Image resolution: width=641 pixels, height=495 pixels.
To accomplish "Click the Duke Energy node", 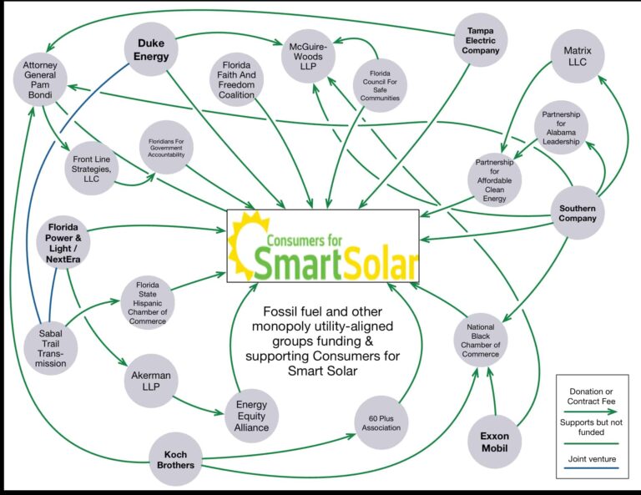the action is [x=151, y=49].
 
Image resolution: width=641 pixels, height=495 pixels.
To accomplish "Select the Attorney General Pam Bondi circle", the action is [x=40, y=79].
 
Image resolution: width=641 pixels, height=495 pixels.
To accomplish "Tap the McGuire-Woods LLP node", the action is [x=308, y=57].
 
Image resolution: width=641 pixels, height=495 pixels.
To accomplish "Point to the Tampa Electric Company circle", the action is [x=481, y=40].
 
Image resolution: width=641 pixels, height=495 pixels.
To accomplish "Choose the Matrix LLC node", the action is [x=578, y=57].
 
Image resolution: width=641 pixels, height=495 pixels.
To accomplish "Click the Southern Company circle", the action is [x=578, y=213].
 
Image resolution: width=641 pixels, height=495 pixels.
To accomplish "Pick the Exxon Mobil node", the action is [x=495, y=442].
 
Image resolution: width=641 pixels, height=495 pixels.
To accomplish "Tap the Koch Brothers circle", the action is [x=176, y=459].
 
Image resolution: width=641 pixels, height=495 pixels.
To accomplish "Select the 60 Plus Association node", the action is [x=381, y=422].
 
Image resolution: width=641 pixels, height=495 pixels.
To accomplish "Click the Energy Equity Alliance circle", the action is [x=251, y=416].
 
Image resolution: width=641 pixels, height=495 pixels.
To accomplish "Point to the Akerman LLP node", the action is [x=151, y=381].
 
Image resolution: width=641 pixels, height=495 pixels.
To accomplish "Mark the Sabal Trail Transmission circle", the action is [x=51, y=348].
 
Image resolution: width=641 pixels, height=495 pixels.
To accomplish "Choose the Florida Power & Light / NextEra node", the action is [x=63, y=243].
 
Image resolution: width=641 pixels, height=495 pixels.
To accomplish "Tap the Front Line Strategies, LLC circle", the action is [x=91, y=169].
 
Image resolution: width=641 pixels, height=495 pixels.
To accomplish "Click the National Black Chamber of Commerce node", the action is [x=481, y=340].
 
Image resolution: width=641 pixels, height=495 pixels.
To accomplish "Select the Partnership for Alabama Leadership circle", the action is [x=561, y=128].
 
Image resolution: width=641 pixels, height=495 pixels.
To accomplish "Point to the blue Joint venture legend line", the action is [x=591, y=467].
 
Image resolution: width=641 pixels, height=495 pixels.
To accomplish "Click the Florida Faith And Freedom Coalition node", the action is [x=236, y=79].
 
